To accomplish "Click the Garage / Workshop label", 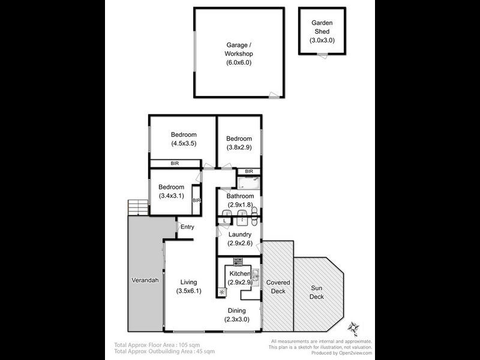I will click(238, 53).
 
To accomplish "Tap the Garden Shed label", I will click(322, 31).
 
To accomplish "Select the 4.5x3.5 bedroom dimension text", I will click(184, 143).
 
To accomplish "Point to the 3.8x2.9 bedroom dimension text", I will click(239, 147).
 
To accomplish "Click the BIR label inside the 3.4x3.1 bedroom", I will click(196, 201).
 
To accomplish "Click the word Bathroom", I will click(239, 196).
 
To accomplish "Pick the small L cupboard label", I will click(224, 221).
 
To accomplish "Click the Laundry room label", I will click(239, 235).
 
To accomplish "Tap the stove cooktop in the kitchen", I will click(238, 261).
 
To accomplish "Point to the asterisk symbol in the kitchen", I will click(222, 292).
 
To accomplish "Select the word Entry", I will click(187, 227).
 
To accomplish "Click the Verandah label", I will click(145, 280).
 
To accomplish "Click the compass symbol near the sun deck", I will click(353, 328).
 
